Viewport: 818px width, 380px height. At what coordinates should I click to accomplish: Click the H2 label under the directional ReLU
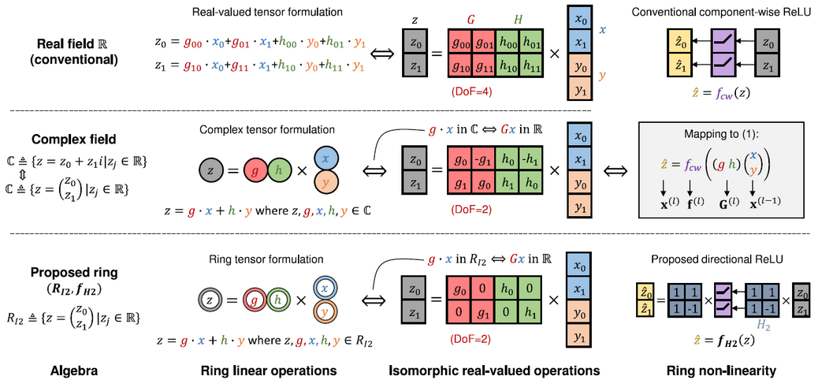(738, 322)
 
